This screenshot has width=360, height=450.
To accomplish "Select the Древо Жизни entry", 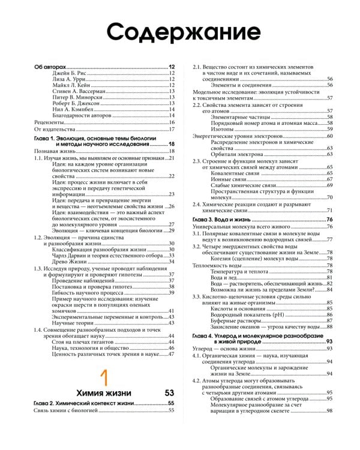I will [x=70, y=261].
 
